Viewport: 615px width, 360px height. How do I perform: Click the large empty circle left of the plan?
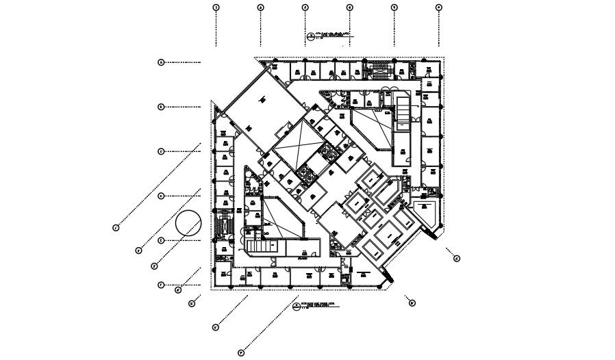click(x=188, y=224)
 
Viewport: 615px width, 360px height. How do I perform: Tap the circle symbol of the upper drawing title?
click(x=310, y=37)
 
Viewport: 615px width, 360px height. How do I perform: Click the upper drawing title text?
click(x=334, y=36)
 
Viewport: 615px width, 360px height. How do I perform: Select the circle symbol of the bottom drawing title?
click(x=296, y=307)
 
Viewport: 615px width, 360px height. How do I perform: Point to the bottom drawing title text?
click(x=318, y=306)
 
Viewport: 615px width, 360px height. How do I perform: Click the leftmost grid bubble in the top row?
click(x=216, y=8)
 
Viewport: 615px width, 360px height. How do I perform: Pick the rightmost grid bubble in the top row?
click(x=439, y=8)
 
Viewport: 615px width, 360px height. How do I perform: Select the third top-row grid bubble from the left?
click(x=305, y=8)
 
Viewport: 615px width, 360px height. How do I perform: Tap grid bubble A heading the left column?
click(x=162, y=62)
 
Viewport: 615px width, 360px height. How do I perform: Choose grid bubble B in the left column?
click(x=162, y=107)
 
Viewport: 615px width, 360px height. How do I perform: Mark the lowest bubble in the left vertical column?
click(x=162, y=285)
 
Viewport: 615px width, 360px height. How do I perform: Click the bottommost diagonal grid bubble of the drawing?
click(x=241, y=353)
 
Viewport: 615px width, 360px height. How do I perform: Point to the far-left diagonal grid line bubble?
click(x=116, y=227)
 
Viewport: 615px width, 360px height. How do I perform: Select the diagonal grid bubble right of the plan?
click(x=457, y=258)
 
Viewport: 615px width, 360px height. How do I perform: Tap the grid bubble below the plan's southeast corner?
click(x=412, y=303)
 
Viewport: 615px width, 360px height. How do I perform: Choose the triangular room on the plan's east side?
click(x=427, y=213)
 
